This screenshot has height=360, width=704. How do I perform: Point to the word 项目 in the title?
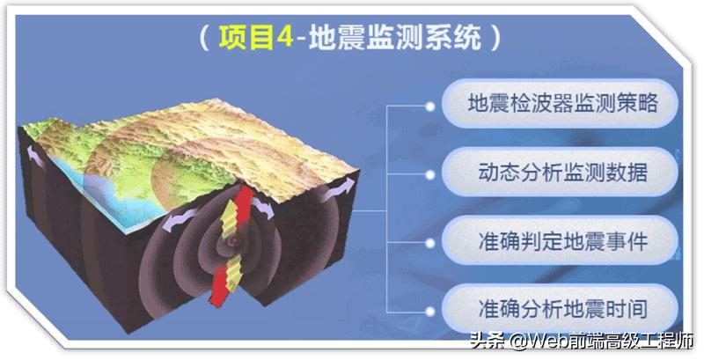[x=242, y=38]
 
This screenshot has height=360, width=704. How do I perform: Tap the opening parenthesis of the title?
[x=205, y=38]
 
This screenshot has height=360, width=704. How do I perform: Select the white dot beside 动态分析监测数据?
[x=429, y=173]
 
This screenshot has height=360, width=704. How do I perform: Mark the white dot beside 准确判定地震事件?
[x=429, y=241]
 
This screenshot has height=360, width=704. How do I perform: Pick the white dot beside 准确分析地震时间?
[x=429, y=310]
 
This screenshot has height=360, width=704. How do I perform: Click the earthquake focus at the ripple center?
[x=233, y=239]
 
